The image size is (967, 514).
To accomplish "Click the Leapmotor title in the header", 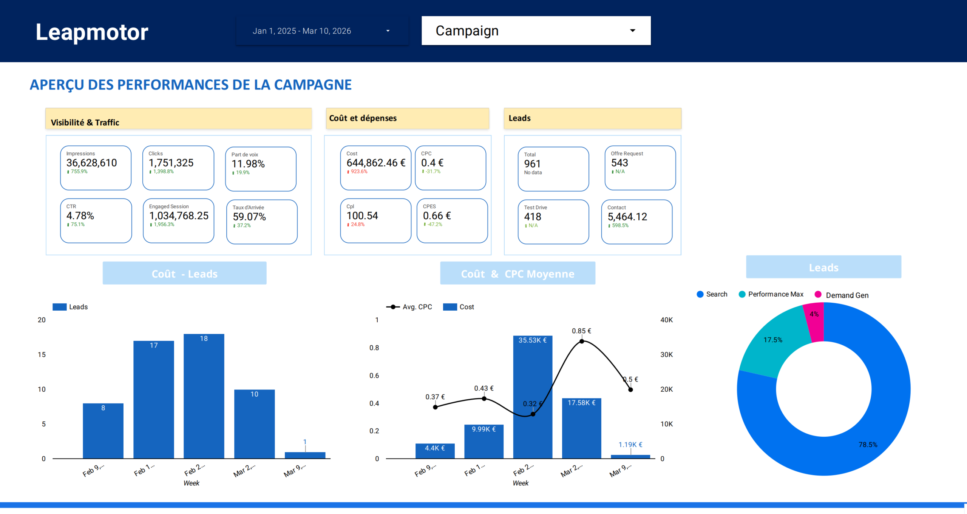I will [92, 32].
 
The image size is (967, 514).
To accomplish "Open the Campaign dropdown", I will [536, 31].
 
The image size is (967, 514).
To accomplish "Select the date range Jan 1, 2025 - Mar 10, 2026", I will [322, 31].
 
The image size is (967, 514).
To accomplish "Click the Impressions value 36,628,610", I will [91, 163].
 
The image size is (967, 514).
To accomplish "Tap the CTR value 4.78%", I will [80, 216].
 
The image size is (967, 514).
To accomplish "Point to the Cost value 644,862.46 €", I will [376, 163].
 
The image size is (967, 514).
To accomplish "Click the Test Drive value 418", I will [533, 217].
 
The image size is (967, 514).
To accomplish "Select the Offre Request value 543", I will [619, 163].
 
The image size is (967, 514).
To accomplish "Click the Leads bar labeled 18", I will [204, 396].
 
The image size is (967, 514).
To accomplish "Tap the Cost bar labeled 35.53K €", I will [533, 396].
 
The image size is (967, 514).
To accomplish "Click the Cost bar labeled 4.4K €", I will [435, 451].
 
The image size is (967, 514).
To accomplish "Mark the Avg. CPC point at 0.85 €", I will [582, 341].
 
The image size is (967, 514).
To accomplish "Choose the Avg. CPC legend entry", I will [409, 307].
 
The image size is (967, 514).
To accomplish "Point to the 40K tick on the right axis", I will [666, 320].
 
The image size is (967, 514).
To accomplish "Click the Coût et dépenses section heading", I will [363, 118].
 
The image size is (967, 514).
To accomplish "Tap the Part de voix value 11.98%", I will [248, 164].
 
